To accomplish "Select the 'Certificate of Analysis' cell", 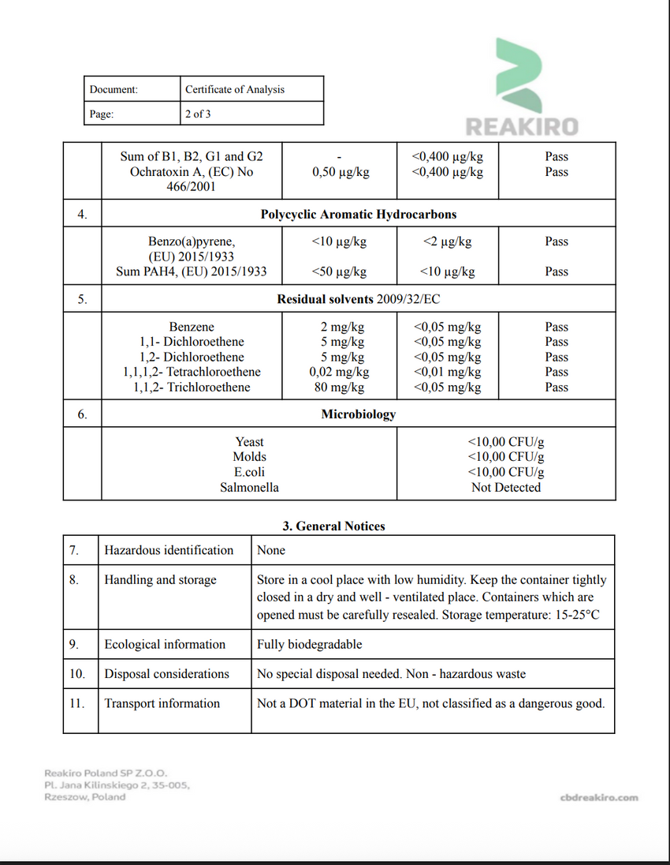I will [x=235, y=89].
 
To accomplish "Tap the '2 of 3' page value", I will [x=198, y=114].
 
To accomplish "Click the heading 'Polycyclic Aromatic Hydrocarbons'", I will [x=359, y=214].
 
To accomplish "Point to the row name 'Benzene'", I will [x=192, y=327].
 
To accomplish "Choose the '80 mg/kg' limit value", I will [x=339, y=387].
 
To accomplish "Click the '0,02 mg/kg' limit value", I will [x=339, y=372].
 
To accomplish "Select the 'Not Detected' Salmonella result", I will [x=505, y=487].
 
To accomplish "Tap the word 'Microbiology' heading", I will [x=359, y=414].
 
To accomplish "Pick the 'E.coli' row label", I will [x=249, y=472].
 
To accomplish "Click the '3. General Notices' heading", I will [x=333, y=526].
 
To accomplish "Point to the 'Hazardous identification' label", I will [x=169, y=550].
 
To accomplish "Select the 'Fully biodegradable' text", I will [x=310, y=644].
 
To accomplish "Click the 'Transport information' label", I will [x=162, y=703].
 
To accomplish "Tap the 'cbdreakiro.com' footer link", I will [x=599, y=797].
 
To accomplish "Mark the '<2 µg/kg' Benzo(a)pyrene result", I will [x=447, y=242].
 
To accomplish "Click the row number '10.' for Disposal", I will [x=77, y=673].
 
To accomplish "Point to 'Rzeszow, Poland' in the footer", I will [x=85, y=796].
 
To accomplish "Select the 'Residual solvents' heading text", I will [x=324, y=299].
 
